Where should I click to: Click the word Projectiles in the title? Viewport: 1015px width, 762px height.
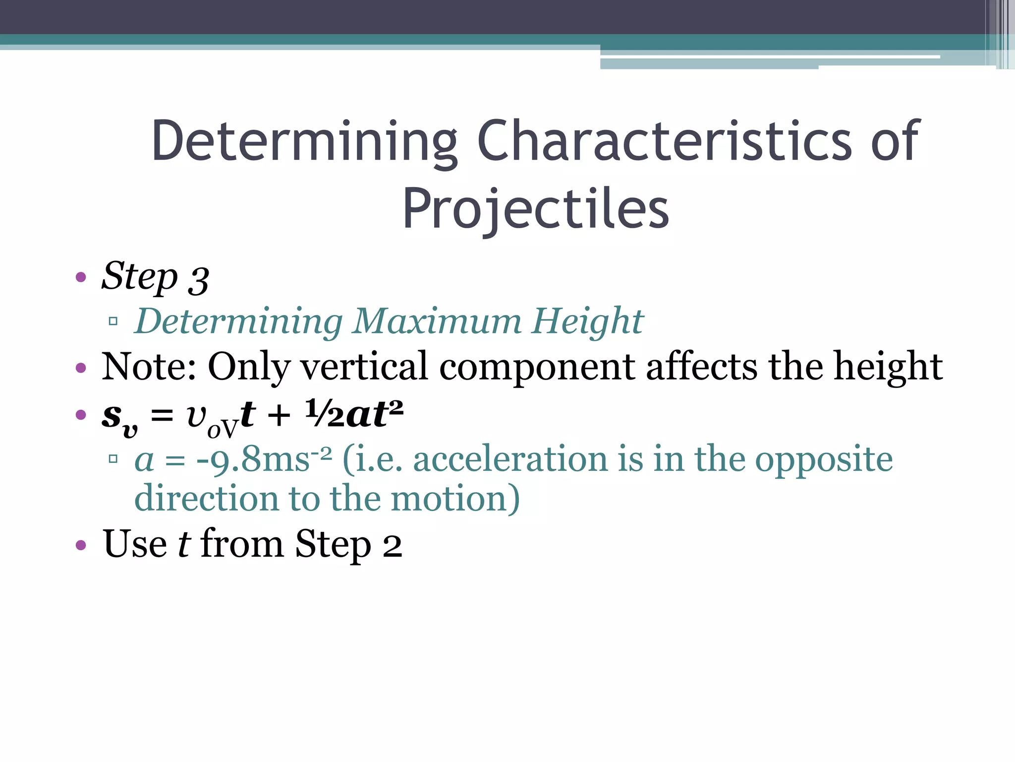(535, 209)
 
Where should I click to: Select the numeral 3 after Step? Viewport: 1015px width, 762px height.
(198, 281)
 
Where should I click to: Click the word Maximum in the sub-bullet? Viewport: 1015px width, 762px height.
(437, 321)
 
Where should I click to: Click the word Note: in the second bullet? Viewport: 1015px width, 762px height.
(149, 367)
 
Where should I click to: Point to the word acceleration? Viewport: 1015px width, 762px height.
(510, 459)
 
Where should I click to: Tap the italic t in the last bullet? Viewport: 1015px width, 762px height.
(183, 544)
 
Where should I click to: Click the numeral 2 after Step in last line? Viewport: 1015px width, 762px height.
(392, 546)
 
